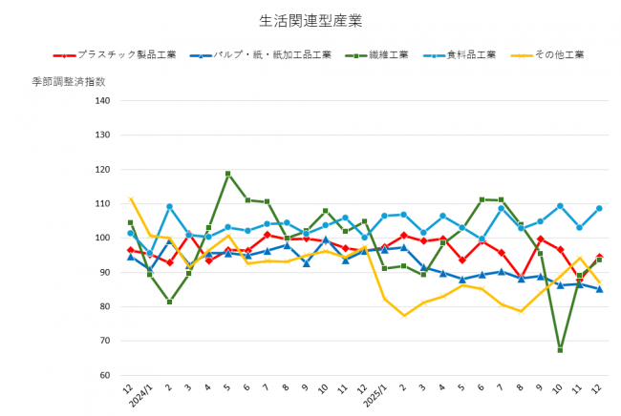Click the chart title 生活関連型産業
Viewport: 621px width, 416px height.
(x=310, y=19)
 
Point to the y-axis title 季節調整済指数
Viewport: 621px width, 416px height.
(x=68, y=82)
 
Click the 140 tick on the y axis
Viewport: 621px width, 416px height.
(x=102, y=100)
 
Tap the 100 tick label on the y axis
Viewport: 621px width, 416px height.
(x=102, y=238)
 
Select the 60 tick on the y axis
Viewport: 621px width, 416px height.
(x=104, y=375)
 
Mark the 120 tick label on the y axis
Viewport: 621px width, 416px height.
(x=102, y=169)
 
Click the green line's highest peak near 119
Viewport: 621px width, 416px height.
(x=228, y=174)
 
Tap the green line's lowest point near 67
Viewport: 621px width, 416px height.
(x=560, y=350)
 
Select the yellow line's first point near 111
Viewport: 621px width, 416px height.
(x=131, y=198)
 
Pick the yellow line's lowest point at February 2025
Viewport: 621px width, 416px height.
(x=404, y=315)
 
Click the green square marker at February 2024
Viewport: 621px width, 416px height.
(x=169, y=302)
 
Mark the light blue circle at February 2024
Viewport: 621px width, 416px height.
(x=169, y=206)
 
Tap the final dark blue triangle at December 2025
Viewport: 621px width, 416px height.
(x=599, y=289)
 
